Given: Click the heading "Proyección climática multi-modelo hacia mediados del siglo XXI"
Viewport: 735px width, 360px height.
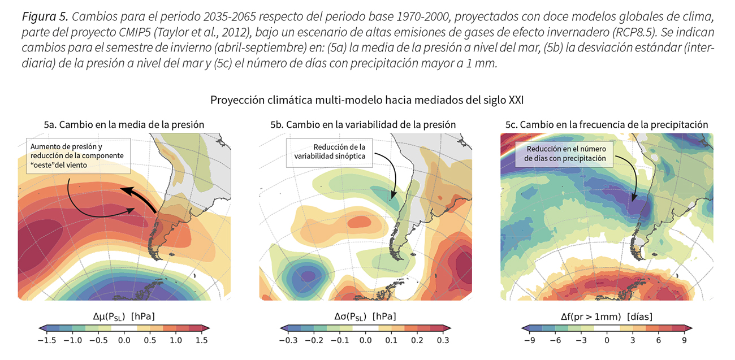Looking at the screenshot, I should (x=367, y=100).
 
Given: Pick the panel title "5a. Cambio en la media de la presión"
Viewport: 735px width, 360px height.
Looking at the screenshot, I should (x=124, y=124).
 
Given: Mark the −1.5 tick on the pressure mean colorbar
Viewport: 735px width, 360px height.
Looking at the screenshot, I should (x=48, y=340).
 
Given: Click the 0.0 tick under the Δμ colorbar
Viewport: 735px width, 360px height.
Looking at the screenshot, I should (x=124, y=340).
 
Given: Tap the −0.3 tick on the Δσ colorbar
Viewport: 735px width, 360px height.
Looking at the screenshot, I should (x=289, y=340).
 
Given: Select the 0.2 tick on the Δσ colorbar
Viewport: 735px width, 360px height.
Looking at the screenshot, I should (x=417, y=340).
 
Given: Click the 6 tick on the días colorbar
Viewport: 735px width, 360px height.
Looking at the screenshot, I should (x=658, y=340).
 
